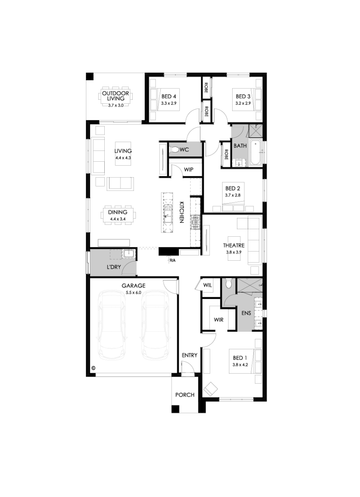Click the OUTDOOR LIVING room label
coord(116,96)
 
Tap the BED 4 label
coord(169,96)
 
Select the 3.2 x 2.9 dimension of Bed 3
coord(243,103)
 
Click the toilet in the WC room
coord(174,149)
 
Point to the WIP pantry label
coord(189,170)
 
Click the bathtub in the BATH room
coord(256,153)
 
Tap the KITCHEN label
coord(182,212)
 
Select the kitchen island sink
coord(168,212)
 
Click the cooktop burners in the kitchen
coord(195,222)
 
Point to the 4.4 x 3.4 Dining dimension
coord(118,219)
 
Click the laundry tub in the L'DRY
coord(129,254)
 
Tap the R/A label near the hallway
coord(172,261)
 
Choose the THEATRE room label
coord(234,245)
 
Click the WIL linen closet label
coord(207,285)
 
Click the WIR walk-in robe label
coord(219,320)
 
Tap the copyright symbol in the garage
coord(93,368)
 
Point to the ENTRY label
coord(189,355)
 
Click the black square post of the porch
coord(175,409)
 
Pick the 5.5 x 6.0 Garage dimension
coord(134,293)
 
